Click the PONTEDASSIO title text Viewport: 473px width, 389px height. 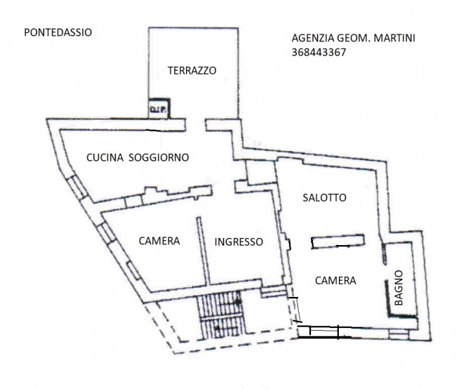tap(58, 32)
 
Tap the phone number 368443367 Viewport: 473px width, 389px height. tap(319, 53)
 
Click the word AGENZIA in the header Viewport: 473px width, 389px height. tap(313, 38)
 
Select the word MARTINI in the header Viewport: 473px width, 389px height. tap(395, 38)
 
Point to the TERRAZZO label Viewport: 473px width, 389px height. tap(192, 71)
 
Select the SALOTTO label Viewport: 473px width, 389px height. tap(325, 198)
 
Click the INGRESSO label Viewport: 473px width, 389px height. tap(238, 242)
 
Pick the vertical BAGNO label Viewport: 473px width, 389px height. tap(399, 288)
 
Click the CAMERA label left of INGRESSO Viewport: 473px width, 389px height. tap(159, 241)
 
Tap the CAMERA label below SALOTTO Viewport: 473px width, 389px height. tap(336, 281)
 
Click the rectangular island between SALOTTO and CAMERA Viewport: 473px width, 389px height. tap(337, 242)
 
